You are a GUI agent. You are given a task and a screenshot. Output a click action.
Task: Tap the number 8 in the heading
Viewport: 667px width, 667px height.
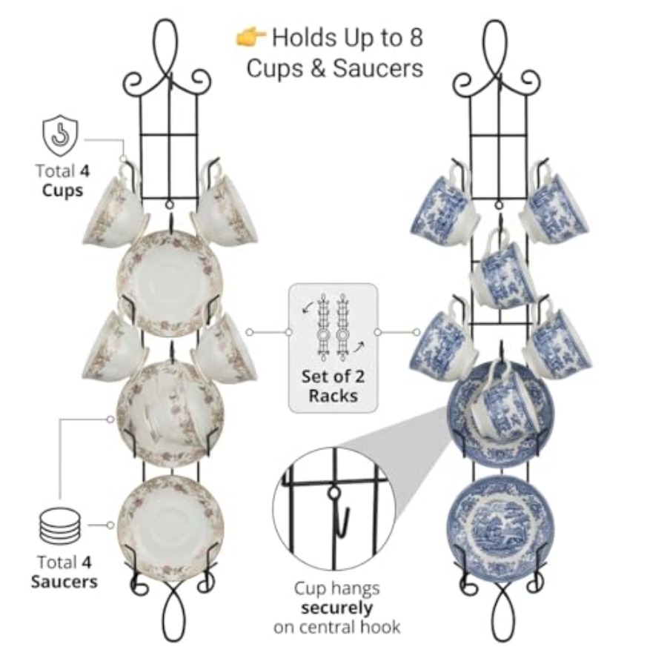pos(416,38)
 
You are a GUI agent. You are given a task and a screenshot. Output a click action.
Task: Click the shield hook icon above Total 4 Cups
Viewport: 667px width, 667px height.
pos(61,136)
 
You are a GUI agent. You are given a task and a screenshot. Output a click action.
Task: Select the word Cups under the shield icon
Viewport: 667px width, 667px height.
pos(62,190)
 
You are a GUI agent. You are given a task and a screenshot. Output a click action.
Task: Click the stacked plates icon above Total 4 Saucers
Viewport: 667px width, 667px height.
pos(59,526)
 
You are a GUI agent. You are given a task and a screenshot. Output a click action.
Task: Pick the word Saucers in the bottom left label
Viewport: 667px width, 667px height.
pos(64,582)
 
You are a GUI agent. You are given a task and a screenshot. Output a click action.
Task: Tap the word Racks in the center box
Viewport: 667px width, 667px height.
pos(333,396)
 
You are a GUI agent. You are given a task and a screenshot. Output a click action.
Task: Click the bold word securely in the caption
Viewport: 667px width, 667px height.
pos(337,608)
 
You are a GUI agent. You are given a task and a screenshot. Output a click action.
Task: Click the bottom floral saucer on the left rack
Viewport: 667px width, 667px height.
pos(170,528)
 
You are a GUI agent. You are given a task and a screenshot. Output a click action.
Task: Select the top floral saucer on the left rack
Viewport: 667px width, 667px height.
pos(170,284)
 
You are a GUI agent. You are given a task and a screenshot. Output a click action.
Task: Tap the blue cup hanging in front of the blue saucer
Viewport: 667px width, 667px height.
pos(504,405)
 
